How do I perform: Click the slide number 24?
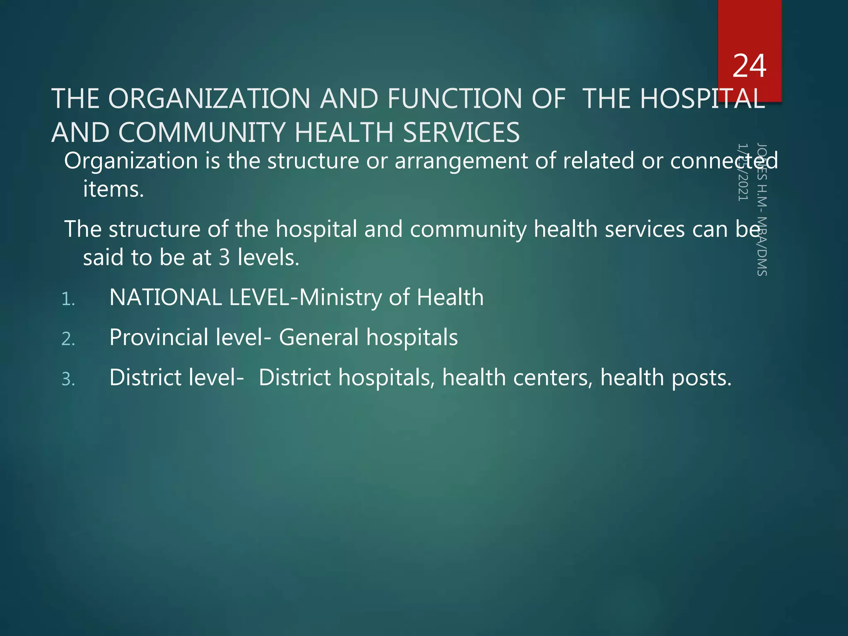[749, 66]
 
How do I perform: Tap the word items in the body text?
[113, 189]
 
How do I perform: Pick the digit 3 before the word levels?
[224, 258]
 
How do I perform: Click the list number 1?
[68, 299]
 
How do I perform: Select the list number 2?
[68, 340]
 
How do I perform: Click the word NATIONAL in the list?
[166, 298]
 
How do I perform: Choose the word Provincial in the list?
[159, 337]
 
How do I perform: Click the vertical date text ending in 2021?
[743, 172]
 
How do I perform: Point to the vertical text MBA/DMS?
[762, 246]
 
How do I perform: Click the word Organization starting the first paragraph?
[131, 161]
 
